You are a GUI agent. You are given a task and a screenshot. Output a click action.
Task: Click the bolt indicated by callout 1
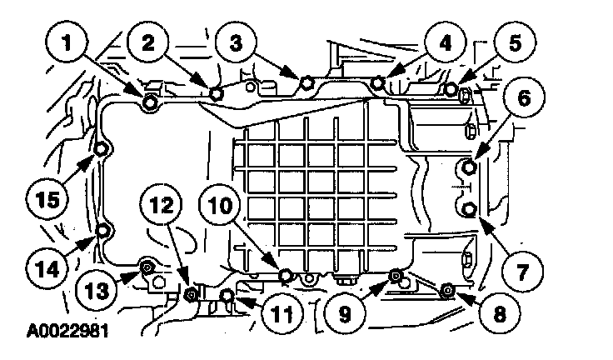[x=150, y=102]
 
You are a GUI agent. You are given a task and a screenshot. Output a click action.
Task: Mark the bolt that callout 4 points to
[x=378, y=82]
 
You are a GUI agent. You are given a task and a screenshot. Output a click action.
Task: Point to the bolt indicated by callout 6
[x=469, y=167]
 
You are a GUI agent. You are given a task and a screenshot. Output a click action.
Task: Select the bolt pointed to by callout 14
[x=102, y=230]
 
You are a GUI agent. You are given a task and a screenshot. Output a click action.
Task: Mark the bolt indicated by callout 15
[x=100, y=150]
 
